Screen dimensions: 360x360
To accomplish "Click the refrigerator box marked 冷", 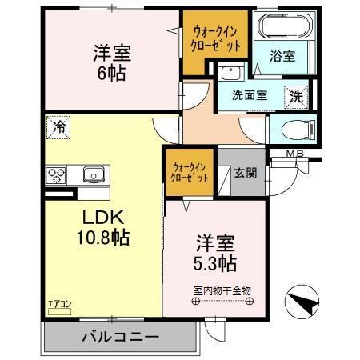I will (57, 126).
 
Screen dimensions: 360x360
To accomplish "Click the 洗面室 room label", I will (250, 95).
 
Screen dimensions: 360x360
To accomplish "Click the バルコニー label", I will (119, 337).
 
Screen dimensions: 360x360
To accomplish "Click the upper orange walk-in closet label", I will (214, 37).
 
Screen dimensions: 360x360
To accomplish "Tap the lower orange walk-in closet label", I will (190, 171).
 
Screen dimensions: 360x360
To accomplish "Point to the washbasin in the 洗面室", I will (233, 74).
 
